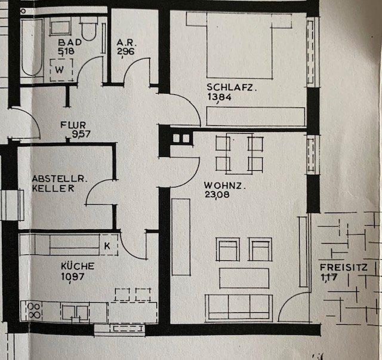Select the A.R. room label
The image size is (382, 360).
125,43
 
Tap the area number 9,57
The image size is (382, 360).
81,134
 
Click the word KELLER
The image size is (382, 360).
54,188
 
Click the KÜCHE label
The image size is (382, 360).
77,266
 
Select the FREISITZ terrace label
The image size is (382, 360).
343,267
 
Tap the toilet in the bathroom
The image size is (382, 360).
90,29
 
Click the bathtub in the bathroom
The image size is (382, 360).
31,48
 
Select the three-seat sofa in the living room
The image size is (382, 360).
238,307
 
